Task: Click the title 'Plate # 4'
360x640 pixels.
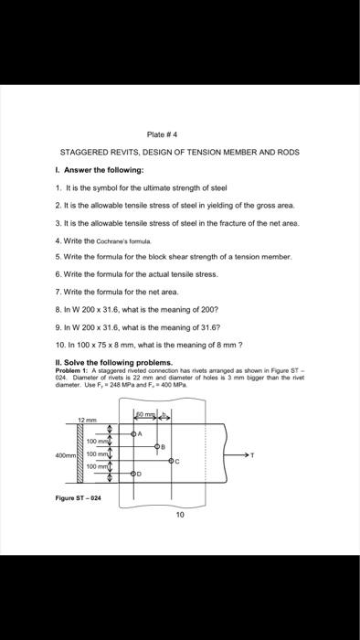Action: point(181,134)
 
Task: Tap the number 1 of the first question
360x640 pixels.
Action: point(56,187)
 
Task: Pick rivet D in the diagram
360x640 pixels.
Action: point(133,474)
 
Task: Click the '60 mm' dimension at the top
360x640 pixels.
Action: point(142,417)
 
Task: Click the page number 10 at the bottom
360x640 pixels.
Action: point(180,515)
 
